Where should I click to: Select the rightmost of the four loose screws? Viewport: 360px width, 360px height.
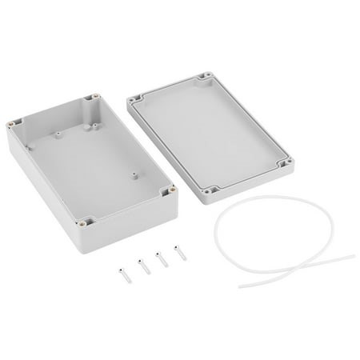coord(178,258)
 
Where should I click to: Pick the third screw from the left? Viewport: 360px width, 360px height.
coord(162,261)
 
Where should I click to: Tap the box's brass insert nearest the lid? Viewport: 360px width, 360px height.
coord(170,190)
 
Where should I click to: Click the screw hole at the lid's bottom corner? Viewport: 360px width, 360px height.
coord(211,191)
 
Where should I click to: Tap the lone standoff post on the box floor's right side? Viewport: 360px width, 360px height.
coord(132,174)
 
